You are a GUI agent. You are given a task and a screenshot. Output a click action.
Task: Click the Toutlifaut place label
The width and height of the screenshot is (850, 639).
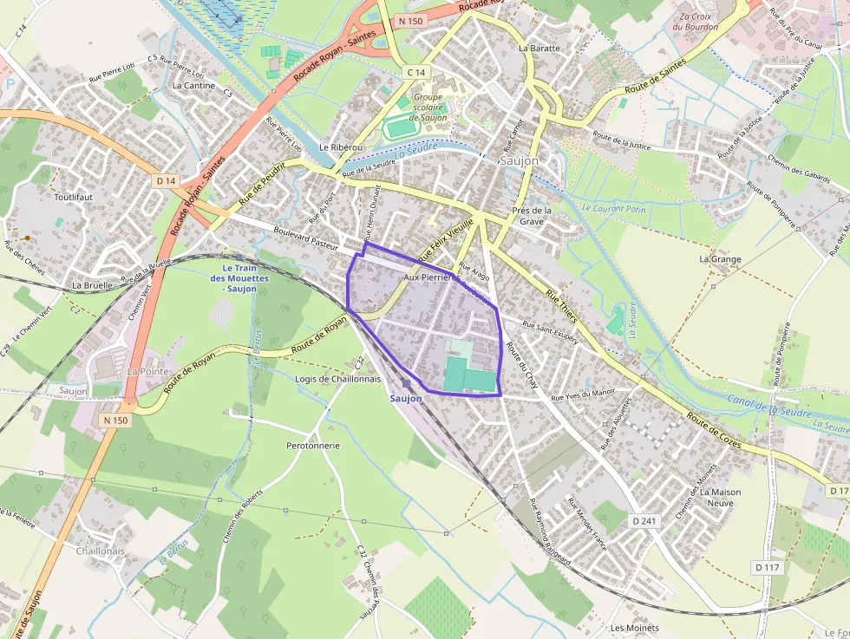(x=73, y=197)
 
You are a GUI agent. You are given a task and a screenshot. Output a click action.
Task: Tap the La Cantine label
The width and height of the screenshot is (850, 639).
(x=193, y=85)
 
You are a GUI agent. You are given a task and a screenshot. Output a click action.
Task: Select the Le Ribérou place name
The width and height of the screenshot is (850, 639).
(x=341, y=148)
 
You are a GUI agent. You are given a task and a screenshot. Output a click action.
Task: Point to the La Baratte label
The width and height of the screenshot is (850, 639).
(x=539, y=49)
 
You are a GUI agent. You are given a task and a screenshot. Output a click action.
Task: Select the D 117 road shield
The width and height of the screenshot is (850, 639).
(x=768, y=567)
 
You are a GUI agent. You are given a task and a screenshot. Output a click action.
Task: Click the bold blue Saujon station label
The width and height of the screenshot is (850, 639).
(x=406, y=399)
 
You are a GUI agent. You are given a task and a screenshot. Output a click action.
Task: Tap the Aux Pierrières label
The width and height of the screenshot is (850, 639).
(x=432, y=277)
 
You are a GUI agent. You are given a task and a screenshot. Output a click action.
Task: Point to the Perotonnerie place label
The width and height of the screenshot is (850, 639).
(x=313, y=446)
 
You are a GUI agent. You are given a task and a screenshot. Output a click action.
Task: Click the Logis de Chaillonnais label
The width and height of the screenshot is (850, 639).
(x=337, y=379)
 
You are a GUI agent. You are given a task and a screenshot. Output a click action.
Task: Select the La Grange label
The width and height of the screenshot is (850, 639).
(x=720, y=259)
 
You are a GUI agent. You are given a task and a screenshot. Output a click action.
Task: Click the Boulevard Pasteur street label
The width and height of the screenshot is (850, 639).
(x=305, y=235)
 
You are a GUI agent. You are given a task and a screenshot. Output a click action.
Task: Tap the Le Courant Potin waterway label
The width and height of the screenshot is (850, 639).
(x=614, y=209)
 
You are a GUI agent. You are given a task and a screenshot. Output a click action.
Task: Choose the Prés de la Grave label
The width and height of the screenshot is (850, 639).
(x=532, y=216)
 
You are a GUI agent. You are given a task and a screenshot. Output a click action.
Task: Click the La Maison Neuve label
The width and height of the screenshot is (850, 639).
(x=724, y=497)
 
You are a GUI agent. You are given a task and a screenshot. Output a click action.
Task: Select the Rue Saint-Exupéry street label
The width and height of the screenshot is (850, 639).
(x=550, y=334)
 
